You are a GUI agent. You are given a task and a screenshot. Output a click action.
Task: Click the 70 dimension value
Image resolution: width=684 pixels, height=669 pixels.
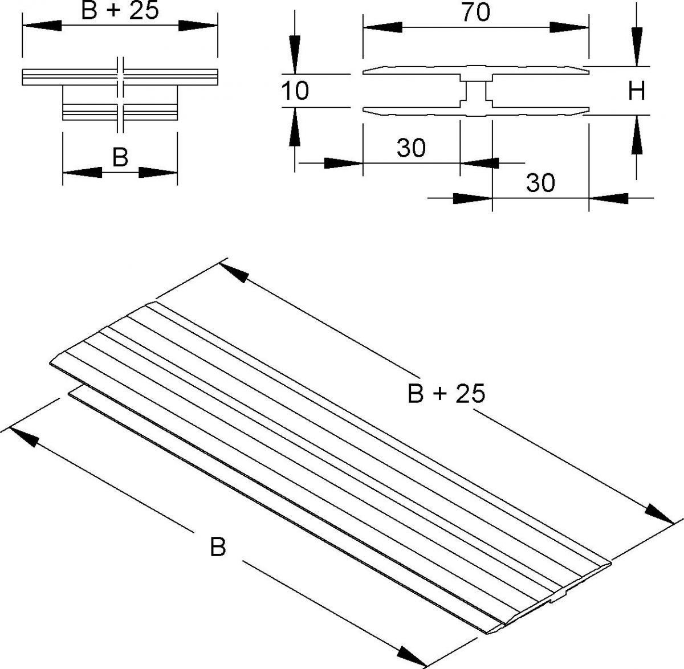tap(476, 12)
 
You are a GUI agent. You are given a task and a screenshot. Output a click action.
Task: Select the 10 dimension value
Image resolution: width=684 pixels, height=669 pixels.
tap(295, 90)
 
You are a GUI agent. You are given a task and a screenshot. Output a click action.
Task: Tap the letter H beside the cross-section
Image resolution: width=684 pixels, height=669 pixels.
tap(636, 91)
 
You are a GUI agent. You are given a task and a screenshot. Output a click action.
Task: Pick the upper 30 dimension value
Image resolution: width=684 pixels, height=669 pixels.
tap(411, 148)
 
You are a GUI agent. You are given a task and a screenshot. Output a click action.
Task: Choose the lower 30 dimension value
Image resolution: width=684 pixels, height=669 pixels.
tap(540, 183)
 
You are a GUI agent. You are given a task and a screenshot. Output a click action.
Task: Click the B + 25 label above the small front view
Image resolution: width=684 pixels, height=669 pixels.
tap(120, 11)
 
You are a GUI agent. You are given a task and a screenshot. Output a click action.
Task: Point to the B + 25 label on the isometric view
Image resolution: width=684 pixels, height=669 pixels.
tap(446, 394)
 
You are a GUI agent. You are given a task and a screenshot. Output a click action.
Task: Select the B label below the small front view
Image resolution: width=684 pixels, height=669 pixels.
tap(120, 157)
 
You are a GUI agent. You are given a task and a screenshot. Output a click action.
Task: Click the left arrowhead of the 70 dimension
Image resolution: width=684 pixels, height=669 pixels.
tap(382, 27)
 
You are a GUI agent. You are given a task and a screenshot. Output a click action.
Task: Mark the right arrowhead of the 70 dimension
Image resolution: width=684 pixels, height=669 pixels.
tap(569, 27)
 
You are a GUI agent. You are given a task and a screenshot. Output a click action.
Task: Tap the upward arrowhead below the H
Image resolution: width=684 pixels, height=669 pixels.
tap(636, 135)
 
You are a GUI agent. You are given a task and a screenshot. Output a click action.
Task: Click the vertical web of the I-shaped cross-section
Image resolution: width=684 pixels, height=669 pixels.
tap(475, 91)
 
